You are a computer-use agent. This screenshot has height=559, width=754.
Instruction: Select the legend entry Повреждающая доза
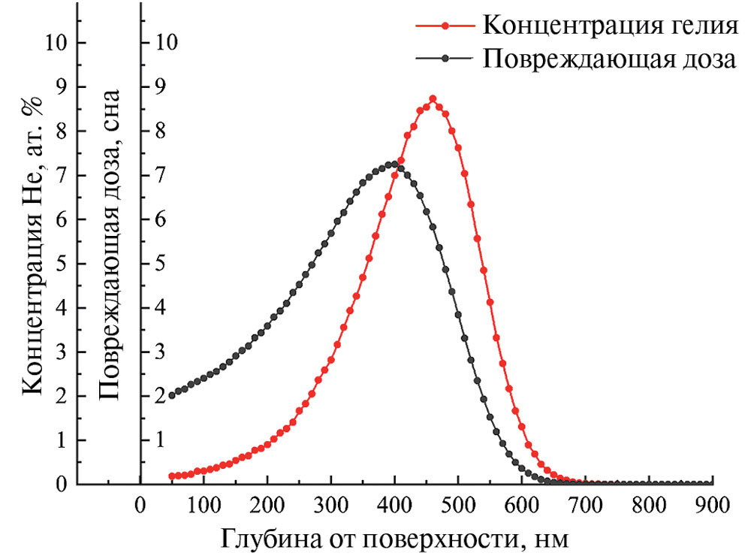pos(608,59)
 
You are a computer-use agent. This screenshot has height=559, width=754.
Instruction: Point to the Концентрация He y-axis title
pos(32,248)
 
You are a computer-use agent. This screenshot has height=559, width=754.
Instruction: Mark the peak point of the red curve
pos(433,98)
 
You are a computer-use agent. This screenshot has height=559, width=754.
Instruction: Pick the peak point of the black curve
pos(392,164)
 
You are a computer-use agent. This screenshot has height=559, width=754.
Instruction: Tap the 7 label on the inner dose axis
pos(158,175)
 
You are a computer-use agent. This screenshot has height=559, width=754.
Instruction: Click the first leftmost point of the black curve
pos(171,395)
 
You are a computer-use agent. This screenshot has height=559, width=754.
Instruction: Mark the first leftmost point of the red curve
pos(171,476)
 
